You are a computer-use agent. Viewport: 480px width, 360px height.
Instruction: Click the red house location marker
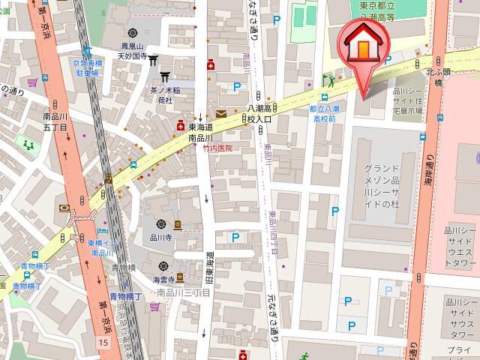pyautogui.click(x=361, y=47)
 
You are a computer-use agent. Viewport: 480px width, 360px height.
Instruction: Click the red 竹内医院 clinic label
pyautogui.click(x=218, y=148)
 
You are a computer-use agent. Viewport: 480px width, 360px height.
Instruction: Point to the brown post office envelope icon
pyautogui.click(x=221, y=114)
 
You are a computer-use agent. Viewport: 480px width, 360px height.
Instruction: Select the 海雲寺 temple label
pyautogui.click(x=164, y=279)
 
